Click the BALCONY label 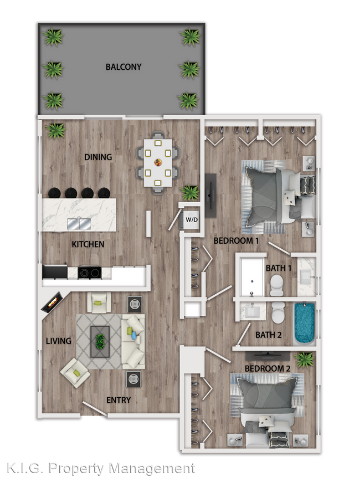123,67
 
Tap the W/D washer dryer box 191,218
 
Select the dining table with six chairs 158,162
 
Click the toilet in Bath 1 276,285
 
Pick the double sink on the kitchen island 79,224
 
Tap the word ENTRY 119,400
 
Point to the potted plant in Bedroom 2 304,360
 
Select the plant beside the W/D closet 190,193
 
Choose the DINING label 98,157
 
